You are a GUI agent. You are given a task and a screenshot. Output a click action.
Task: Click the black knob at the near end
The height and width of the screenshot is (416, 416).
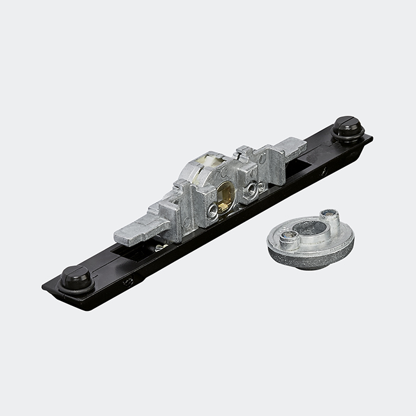(75, 277)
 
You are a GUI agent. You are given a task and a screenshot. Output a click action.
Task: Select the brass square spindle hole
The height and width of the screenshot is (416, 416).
(225, 196)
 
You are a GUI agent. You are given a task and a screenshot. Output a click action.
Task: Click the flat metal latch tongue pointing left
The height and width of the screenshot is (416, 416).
(138, 230)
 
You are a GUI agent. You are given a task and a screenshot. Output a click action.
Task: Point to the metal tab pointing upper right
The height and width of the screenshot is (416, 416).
(289, 148)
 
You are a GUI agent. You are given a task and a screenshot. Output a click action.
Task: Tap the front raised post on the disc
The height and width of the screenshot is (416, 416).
(289, 238)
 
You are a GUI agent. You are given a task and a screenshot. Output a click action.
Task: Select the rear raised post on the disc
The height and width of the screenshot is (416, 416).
(330, 218)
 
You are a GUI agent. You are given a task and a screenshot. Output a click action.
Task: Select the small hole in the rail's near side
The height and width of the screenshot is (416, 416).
(128, 282)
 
